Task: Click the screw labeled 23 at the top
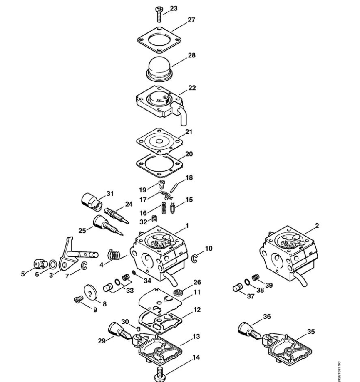click(159, 15)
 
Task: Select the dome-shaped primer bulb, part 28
click(159, 69)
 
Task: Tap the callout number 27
click(191, 20)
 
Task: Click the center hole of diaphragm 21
click(159, 141)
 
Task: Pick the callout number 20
click(189, 154)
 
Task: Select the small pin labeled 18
click(174, 188)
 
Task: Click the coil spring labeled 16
click(164, 208)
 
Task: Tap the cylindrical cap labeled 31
click(92, 202)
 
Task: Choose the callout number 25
click(82, 230)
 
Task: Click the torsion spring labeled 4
click(114, 255)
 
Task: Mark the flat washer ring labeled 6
click(53, 264)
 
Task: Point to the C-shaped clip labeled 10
click(194, 259)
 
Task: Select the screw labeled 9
click(79, 300)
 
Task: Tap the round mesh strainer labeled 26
click(178, 292)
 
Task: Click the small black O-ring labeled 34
click(134, 272)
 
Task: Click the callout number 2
click(317, 226)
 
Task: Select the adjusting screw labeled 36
click(250, 331)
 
